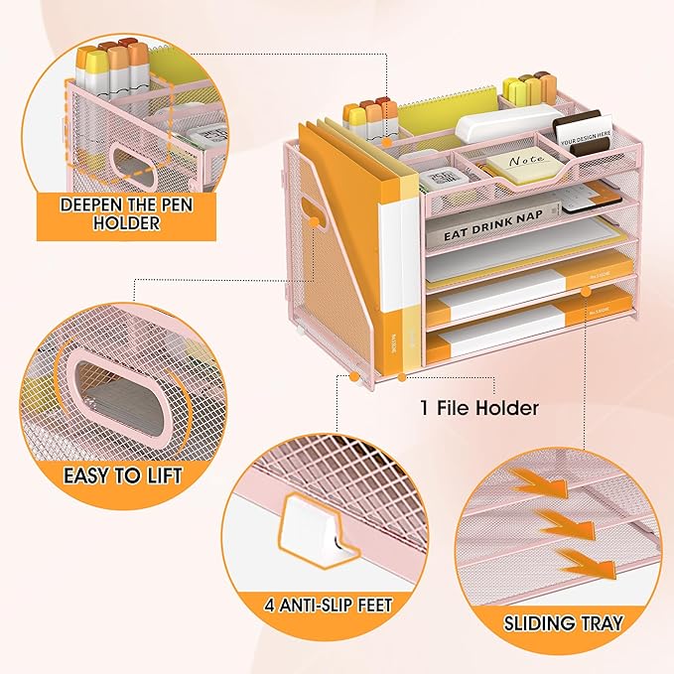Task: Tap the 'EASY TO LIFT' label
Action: (x=123, y=474)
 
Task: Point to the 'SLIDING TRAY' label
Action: (x=563, y=623)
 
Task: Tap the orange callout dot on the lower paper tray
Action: (x=587, y=289)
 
